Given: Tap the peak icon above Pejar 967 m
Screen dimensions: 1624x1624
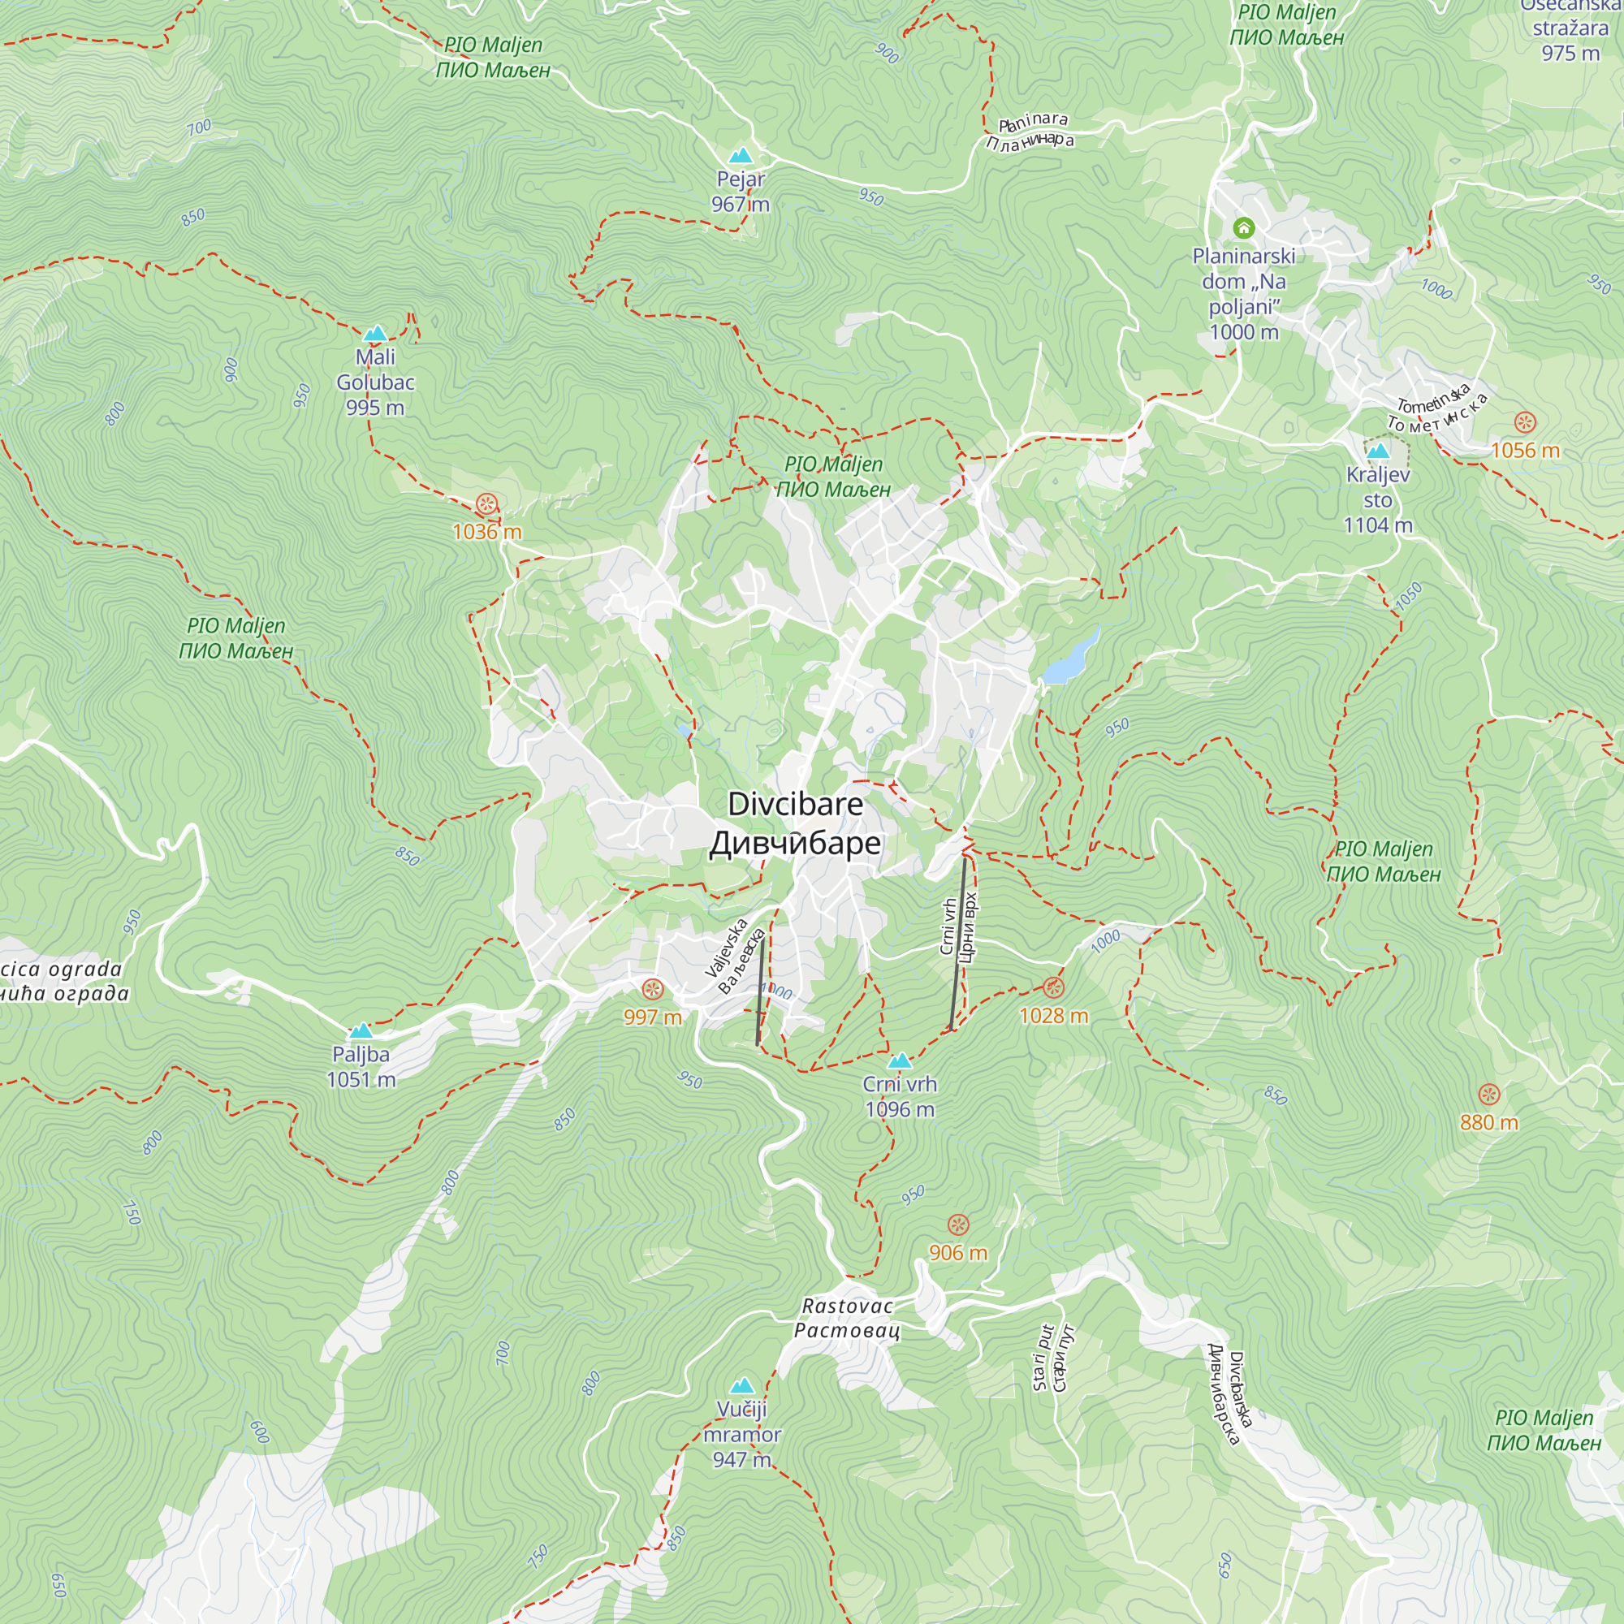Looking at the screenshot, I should [740, 157].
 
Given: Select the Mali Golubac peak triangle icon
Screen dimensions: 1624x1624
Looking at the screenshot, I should [375, 334].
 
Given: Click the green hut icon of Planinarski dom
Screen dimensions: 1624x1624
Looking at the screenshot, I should [1243, 228].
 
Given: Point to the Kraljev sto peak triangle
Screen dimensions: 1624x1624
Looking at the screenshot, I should [1377, 451].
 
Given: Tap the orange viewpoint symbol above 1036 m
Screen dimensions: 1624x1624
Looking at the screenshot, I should [486, 504].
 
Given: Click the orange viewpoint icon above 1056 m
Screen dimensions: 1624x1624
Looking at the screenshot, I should [1525, 423].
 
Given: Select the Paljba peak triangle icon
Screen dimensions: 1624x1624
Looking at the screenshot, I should [361, 1030].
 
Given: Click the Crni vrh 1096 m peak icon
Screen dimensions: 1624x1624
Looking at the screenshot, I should [900, 1060].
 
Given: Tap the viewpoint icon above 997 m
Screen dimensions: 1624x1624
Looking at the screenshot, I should [653, 989].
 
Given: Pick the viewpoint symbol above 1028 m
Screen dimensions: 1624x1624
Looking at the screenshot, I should [1053, 987].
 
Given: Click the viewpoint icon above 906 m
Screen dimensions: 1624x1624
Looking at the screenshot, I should [958, 1224].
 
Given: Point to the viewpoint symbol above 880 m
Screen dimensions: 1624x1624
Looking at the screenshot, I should [1488, 1095].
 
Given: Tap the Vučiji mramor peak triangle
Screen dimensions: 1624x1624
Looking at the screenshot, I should [741, 1385].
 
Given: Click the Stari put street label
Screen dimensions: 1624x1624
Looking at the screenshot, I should [1052, 1358].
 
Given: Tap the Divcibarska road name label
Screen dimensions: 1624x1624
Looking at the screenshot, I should [1229, 1394].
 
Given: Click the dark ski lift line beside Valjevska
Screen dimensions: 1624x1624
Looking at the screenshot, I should [761, 987].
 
